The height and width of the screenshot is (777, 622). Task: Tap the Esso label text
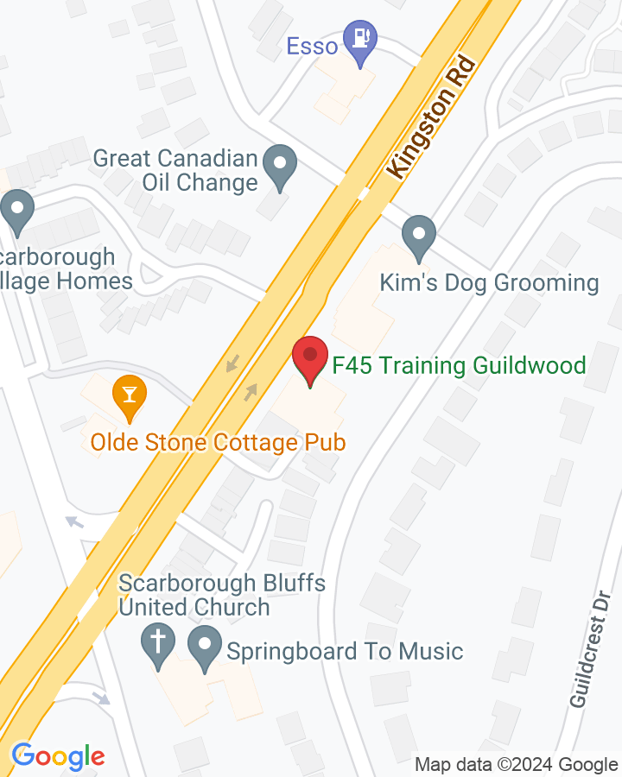312,46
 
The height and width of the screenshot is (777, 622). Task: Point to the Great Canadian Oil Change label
176,170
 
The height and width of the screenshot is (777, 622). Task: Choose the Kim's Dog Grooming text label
490,282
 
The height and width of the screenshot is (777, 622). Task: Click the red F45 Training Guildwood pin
309,360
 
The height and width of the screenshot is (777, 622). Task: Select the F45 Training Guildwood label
459,365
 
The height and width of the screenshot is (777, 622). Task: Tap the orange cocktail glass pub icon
130,395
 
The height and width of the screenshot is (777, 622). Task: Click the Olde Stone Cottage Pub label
218,443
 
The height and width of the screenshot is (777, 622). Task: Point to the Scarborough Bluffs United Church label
222,595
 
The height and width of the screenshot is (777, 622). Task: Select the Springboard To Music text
345,651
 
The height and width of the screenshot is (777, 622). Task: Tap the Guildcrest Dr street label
591,648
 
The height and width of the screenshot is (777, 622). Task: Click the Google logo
58,757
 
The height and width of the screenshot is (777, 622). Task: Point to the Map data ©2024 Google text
516,764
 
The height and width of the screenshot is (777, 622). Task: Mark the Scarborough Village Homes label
65,268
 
